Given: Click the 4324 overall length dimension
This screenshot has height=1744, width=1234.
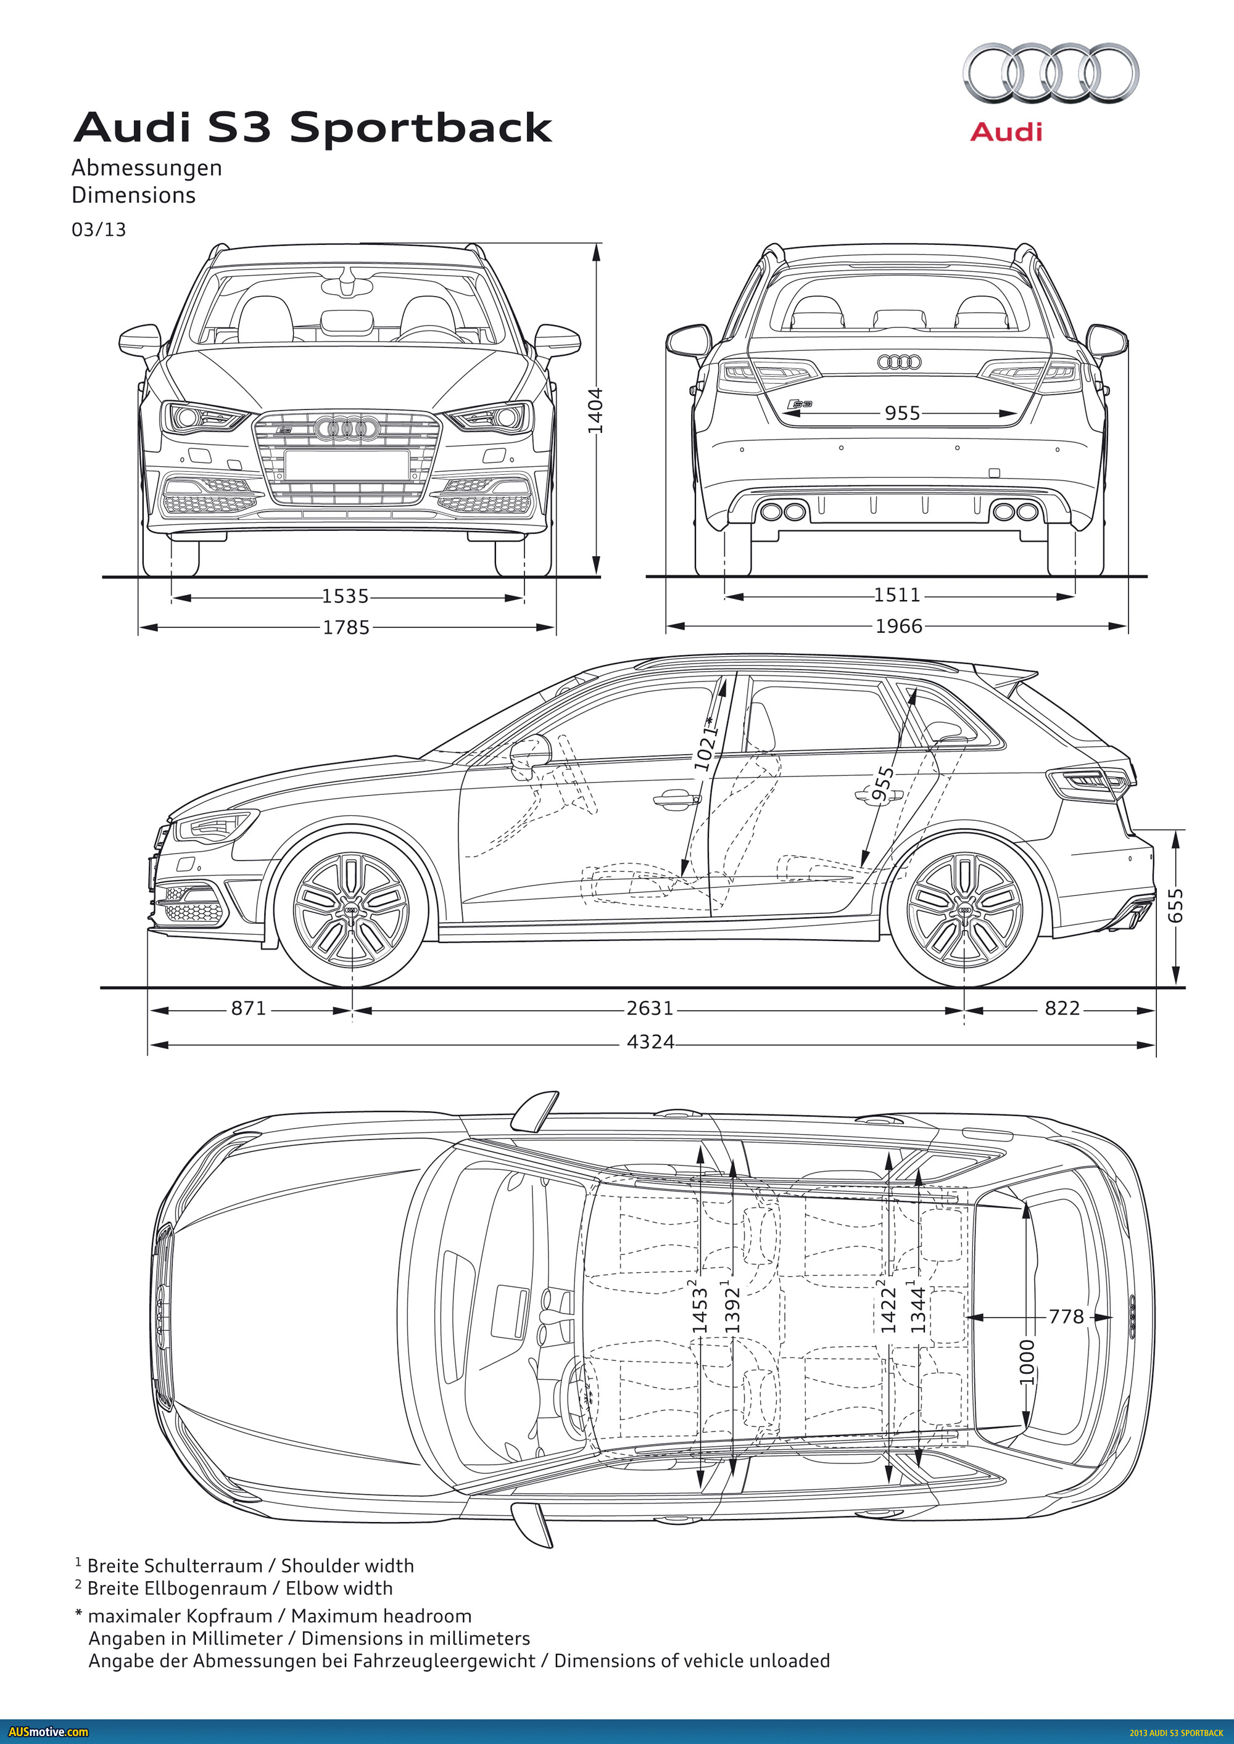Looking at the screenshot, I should pos(650,1042).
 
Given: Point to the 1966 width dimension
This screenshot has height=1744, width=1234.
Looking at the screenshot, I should pos(898,626).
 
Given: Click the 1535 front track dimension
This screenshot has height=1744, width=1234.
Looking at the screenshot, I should pos(345,596).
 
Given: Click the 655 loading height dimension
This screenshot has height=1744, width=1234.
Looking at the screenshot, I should pos(1175,905).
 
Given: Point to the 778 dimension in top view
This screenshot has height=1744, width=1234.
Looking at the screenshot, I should pos(1066,1317).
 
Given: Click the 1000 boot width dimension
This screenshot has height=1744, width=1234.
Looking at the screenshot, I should pos(1027,1362).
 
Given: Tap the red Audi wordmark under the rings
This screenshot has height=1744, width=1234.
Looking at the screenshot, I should pos(1006,132).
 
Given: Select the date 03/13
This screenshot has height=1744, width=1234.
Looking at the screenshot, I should pos(99,229).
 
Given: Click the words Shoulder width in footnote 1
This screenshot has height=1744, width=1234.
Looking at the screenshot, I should pos(347,1566).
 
